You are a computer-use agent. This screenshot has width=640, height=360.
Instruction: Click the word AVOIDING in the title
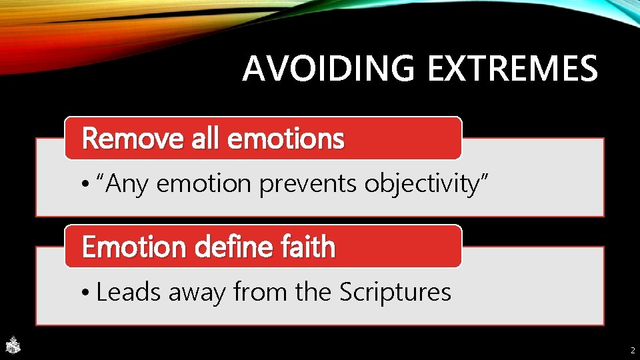point(330,69)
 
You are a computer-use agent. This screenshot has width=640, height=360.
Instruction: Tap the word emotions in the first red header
point(286,139)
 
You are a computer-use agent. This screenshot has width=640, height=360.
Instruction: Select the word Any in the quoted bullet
point(127,183)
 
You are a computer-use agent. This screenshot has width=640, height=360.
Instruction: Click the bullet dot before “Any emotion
point(87,185)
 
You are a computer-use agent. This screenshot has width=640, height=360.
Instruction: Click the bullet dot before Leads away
point(87,293)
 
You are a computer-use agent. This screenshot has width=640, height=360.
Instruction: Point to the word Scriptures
point(395,293)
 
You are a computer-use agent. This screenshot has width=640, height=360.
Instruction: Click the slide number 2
point(632,349)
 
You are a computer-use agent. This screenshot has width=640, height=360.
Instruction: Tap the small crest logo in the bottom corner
point(13,345)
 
